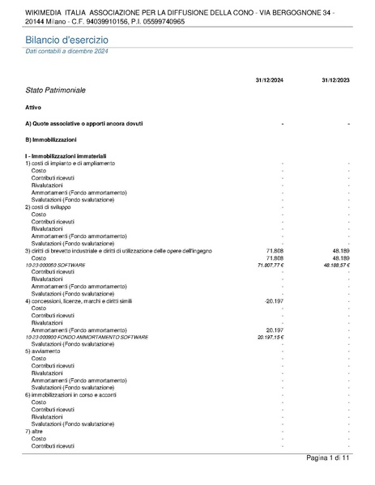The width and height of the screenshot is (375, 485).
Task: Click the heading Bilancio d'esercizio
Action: [66, 40]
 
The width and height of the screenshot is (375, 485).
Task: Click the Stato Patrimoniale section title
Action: [55, 91]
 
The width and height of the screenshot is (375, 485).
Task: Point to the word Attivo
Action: [33, 107]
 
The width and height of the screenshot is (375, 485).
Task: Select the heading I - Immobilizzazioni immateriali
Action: [66, 155]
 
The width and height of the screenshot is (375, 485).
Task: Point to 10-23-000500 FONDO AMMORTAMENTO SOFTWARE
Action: [75, 337]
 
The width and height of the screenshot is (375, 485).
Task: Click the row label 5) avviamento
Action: [42, 351]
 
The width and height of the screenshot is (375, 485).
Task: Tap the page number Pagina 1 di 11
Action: [327, 459]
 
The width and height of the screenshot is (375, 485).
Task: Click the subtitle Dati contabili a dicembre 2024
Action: [66, 51]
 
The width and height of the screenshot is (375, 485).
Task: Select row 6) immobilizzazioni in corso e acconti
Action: [77, 394]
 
